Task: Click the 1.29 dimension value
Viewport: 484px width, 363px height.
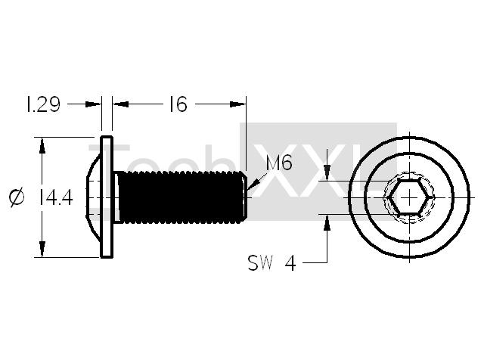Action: [x=42, y=104]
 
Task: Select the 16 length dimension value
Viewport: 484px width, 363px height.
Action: [x=178, y=104]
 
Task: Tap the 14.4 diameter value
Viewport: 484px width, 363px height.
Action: [x=56, y=197]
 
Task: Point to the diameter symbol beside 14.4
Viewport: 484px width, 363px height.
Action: [x=17, y=197]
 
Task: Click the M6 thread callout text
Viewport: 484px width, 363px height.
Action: [x=279, y=163]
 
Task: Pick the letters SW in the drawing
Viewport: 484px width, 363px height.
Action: [x=260, y=263]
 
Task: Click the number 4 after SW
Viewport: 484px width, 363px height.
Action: [x=290, y=264]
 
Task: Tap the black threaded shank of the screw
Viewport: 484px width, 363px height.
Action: [x=182, y=197]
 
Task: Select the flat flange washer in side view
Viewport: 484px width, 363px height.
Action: [x=107, y=197]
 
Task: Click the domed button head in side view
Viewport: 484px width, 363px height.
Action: [x=93, y=197]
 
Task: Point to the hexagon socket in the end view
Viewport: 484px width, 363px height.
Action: [x=409, y=197]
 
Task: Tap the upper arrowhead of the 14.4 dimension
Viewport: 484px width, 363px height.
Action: [x=42, y=146]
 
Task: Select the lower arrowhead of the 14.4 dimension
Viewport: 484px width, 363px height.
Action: [x=42, y=249]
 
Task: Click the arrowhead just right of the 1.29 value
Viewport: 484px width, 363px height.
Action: [x=93, y=104]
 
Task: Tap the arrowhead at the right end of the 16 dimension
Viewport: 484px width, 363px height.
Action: [x=237, y=104]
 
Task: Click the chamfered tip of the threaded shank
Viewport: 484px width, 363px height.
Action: [x=244, y=197]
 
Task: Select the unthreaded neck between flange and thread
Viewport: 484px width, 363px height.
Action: [x=116, y=197]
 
